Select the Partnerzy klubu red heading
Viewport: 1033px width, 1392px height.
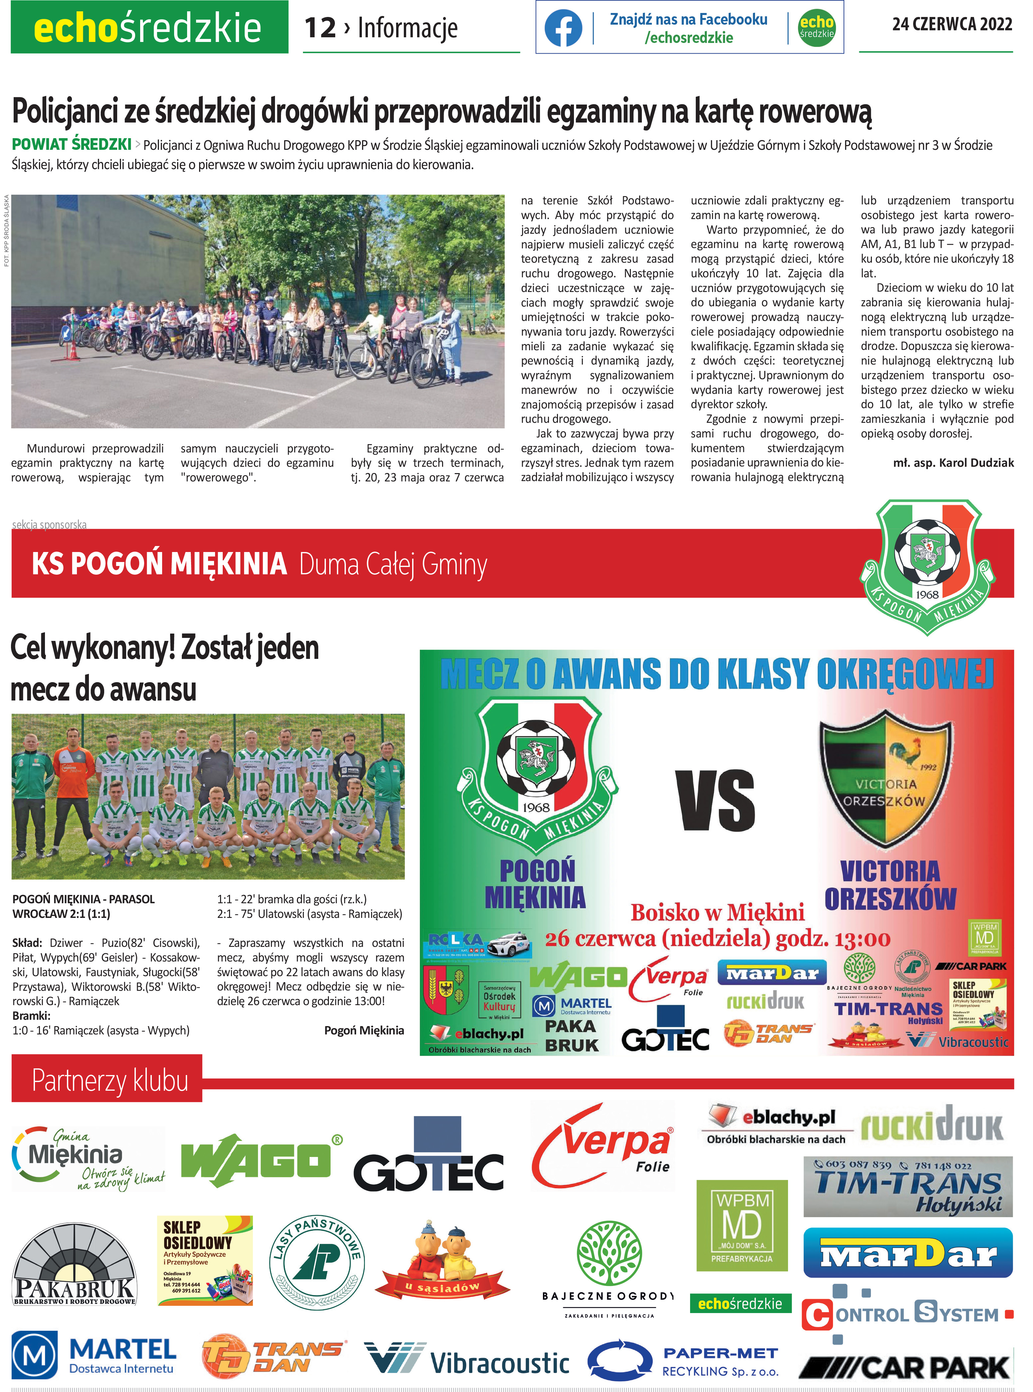[x=110, y=1080]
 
